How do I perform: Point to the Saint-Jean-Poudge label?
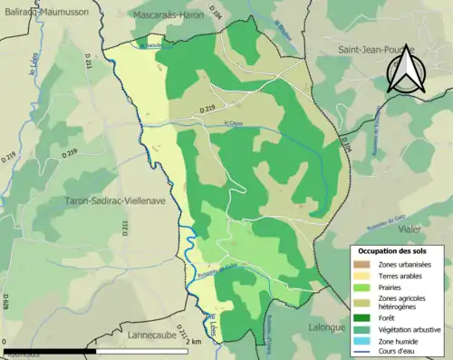[x=373, y=50]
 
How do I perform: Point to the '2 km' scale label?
[x=194, y=341]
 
